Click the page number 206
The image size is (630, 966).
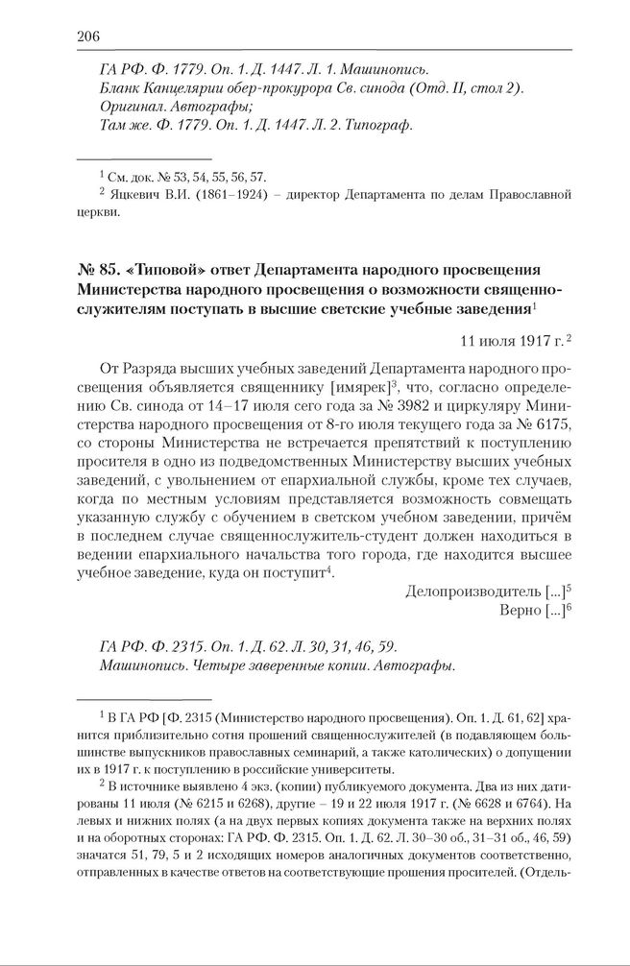coord(87,36)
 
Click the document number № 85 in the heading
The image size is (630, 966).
coord(97,269)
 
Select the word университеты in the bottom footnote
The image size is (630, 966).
coord(342,770)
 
